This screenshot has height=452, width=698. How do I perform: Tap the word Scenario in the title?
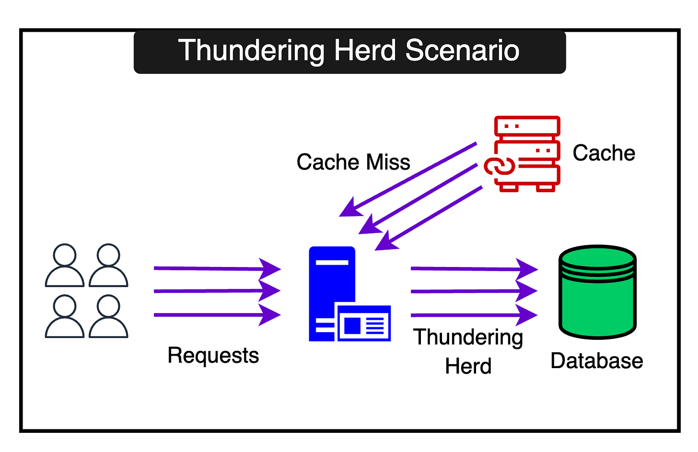coord(462,50)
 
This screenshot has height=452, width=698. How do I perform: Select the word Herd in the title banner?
coord(365,50)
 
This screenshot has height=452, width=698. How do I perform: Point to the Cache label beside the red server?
coord(604,153)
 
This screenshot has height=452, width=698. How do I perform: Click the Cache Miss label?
coord(353,162)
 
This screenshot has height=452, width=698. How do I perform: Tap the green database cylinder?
coord(597,292)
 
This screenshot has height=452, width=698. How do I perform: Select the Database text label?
coord(597,361)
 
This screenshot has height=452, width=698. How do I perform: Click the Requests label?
coord(213,356)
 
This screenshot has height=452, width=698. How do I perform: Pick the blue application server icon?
coord(349,294)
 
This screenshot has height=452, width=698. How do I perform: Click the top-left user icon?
coord(65,265)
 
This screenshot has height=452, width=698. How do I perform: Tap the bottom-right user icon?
coord(108,316)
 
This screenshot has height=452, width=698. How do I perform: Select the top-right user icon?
coord(108,265)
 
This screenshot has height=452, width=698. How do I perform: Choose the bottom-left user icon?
coord(65,316)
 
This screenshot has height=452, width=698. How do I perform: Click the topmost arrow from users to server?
coord(217,268)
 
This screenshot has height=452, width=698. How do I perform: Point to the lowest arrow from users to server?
coord(217,315)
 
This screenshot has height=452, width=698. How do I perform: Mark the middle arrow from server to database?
coord(474,291)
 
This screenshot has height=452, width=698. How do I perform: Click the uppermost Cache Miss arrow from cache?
coord(408,179)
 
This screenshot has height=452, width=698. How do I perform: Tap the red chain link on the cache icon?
coord(499,166)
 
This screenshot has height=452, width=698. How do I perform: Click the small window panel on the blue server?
coord(364,323)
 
